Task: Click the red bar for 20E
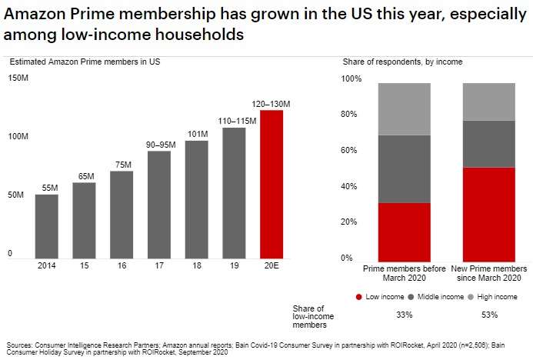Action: [x=272, y=184]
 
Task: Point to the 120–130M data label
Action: [x=272, y=103]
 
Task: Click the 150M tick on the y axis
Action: [x=18, y=78]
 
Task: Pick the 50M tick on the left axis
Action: [x=16, y=196]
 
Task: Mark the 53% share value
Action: [x=489, y=315]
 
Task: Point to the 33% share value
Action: [x=404, y=315]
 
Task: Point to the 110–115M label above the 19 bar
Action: [x=235, y=121]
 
